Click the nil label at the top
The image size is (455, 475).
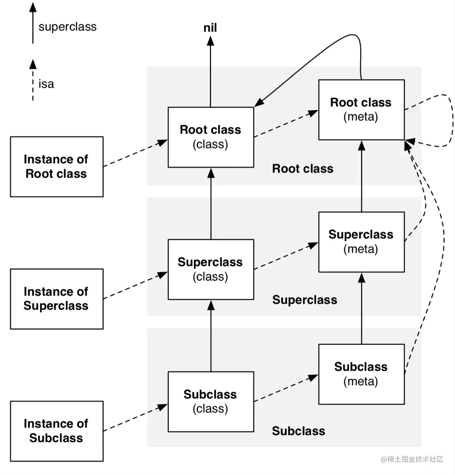tap(210, 28)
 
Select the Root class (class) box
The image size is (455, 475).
tap(211, 137)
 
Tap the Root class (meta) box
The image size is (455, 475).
tap(361, 110)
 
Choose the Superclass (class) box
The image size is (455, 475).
tap(211, 269)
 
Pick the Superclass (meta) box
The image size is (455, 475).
tap(361, 242)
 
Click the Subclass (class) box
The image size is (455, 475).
tap(211, 401)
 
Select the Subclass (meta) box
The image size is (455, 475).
tap(361, 374)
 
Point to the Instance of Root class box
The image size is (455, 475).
tap(56, 167)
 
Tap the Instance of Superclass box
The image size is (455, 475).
tap(56, 299)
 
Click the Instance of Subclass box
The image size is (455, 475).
tap(56, 431)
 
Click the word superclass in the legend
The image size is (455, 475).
tap(67, 27)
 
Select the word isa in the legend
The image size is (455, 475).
tap(46, 84)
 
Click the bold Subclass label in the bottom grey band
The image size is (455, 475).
tap(298, 431)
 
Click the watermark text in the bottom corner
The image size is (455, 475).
tap(412, 459)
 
